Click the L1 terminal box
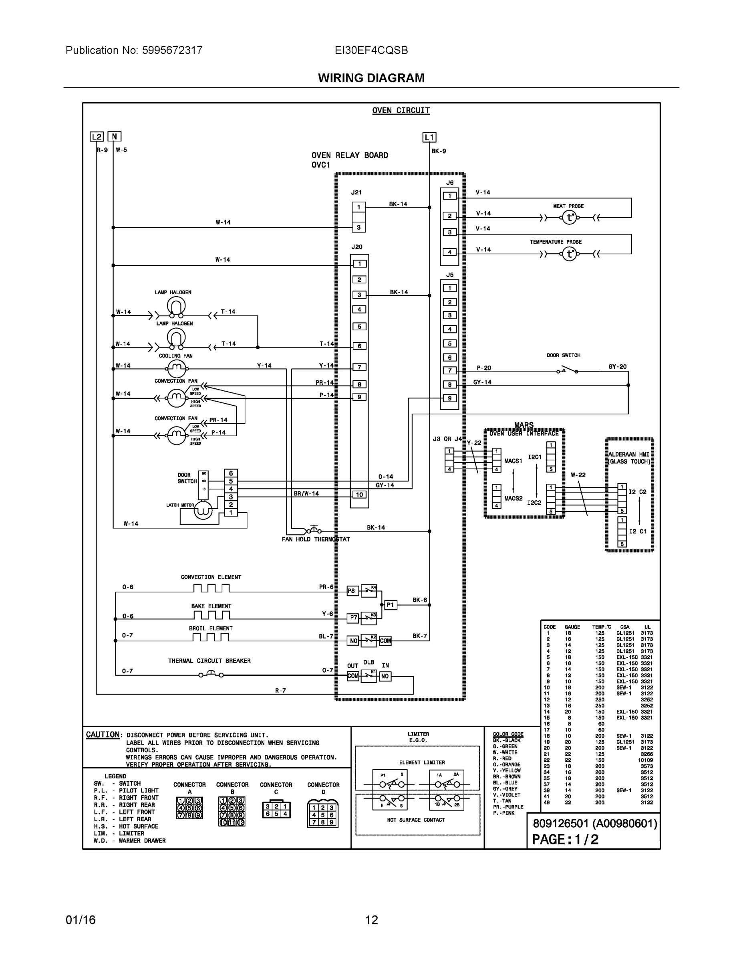[x=429, y=137]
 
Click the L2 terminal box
[x=97, y=137]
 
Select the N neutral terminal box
[x=115, y=137]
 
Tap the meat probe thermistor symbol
[x=570, y=217]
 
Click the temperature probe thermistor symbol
[x=570, y=254]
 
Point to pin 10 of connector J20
[x=359, y=495]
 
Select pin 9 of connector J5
[x=449, y=398]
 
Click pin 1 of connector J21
[x=359, y=207]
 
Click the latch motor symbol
[x=203, y=510]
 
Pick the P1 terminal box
[x=391, y=605]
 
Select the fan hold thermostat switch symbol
[x=313, y=530]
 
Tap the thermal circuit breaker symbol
[x=211, y=673]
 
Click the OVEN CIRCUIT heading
[x=401, y=111]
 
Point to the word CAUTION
[x=103, y=735]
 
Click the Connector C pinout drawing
[x=276, y=810]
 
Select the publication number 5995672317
[x=172, y=50]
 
